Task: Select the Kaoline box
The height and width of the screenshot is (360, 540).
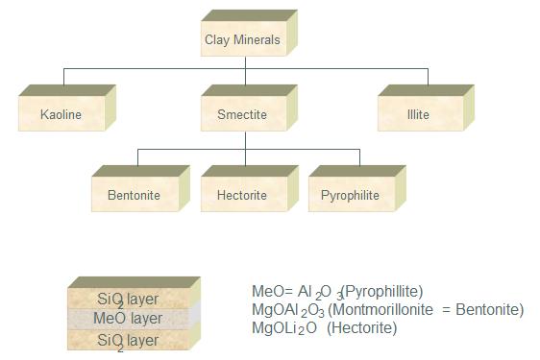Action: pos(61,115)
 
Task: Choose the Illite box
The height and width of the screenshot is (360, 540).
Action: pos(417,115)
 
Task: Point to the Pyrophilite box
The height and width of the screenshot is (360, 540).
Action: pos(350,195)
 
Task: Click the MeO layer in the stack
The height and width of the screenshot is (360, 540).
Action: pos(128,318)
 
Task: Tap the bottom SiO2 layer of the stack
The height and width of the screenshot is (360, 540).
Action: pos(128,340)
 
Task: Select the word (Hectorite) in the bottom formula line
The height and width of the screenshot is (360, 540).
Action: pos(361,328)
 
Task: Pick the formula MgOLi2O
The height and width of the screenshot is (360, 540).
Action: pos(285,328)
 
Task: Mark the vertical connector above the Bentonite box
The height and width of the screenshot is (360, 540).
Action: pos(138,157)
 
